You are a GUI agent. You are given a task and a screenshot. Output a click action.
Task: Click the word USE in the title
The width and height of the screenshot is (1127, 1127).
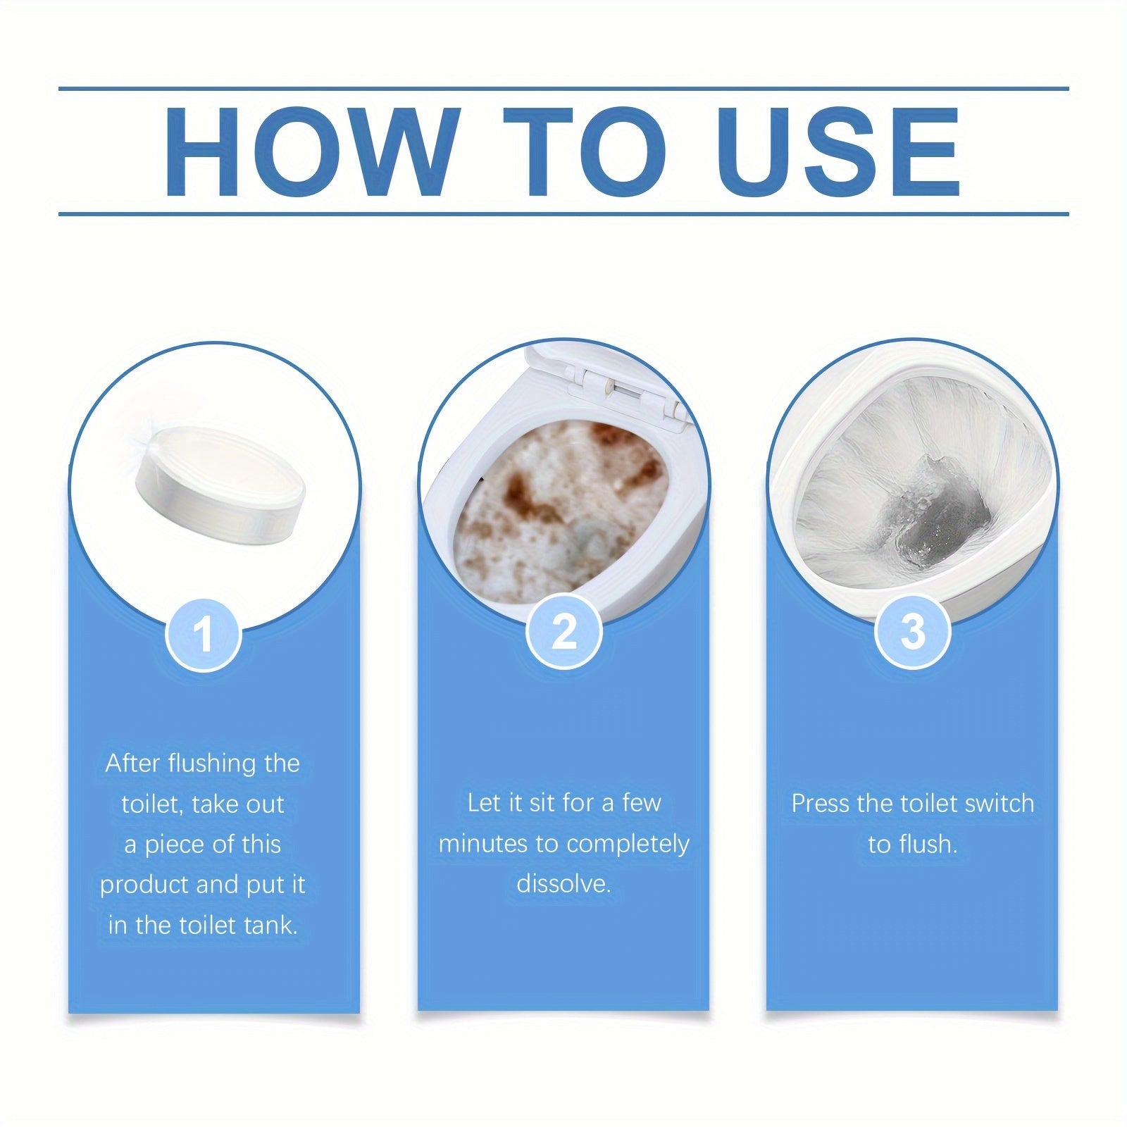[x=838, y=152]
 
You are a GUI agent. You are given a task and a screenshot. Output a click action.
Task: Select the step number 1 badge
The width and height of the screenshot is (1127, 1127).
[x=204, y=633]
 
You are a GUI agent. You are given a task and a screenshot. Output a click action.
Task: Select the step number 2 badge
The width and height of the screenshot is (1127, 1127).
[x=564, y=632]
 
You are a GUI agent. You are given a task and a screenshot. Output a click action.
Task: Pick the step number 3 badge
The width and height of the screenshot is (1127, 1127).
[x=913, y=632]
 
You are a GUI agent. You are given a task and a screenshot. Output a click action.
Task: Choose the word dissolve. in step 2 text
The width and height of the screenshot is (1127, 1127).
[x=563, y=883]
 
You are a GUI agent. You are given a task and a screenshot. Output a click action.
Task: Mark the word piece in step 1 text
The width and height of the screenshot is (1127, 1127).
[x=176, y=845]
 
